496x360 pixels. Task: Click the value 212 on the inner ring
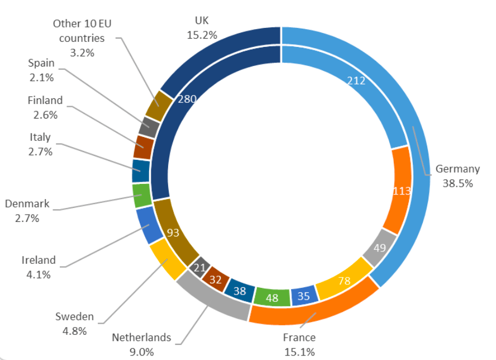(x=356, y=81)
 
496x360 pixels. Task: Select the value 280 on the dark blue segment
(x=186, y=100)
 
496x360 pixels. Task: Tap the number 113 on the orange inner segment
(x=402, y=191)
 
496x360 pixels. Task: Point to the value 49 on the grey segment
(x=379, y=248)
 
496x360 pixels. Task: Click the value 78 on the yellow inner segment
(x=344, y=281)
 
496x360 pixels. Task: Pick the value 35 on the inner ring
(x=303, y=296)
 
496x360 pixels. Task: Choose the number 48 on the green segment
(x=272, y=298)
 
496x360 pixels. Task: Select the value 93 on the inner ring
(x=174, y=232)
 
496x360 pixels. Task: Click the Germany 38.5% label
(x=457, y=176)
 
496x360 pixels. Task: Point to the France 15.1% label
(x=299, y=344)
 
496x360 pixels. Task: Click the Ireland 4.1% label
(x=39, y=266)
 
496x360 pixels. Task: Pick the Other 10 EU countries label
(x=78, y=38)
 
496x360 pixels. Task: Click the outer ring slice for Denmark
(x=141, y=196)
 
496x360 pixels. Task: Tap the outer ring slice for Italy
(x=140, y=170)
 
